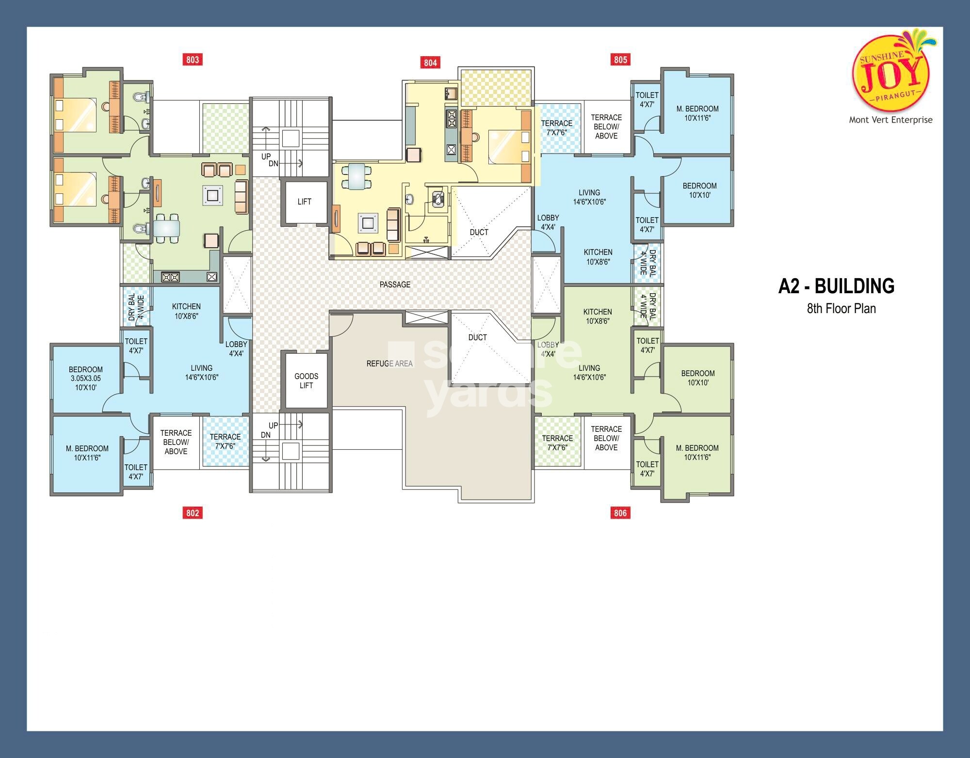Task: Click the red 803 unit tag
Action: tap(193, 60)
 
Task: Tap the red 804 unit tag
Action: tap(430, 63)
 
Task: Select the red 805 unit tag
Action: tap(620, 60)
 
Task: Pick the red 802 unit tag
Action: tap(193, 513)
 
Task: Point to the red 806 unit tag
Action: tap(620, 513)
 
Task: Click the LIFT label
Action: tap(305, 202)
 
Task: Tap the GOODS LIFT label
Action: tap(306, 381)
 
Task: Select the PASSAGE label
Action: tap(395, 284)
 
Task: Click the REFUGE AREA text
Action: tap(389, 363)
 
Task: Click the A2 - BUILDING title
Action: tap(836, 286)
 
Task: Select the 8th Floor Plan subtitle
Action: tap(841, 309)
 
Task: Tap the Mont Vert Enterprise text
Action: tap(890, 120)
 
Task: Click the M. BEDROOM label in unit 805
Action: tap(697, 113)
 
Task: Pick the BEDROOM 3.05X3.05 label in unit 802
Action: tap(86, 378)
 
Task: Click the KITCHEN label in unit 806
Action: tap(598, 316)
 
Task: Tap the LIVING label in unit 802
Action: tap(201, 372)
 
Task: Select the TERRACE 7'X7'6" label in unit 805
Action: tap(557, 127)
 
